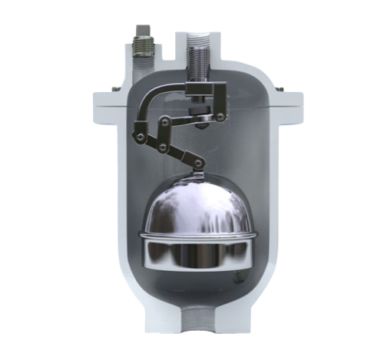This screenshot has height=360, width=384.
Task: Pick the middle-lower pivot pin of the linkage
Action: click(x=163, y=146)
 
